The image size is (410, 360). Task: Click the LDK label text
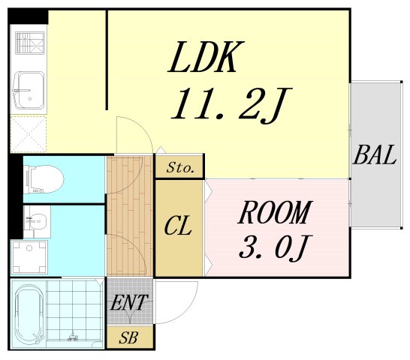tap(207, 57)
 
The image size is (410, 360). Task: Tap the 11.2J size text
tap(231, 105)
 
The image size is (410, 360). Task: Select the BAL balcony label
tap(375, 154)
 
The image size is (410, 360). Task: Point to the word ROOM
tap(275, 212)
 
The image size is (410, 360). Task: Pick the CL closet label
tap(178, 226)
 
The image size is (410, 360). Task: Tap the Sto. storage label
tap(181, 167)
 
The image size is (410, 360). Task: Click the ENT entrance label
tap(129, 302)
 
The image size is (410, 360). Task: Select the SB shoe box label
tap(128, 337)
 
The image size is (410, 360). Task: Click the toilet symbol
tap(44, 179)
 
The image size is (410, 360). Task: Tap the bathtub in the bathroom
tap(29, 314)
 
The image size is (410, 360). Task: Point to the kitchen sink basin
tap(29, 91)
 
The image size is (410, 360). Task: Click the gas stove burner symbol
tap(30, 43)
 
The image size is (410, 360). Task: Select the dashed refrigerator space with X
tap(29, 133)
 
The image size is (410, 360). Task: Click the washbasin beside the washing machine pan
tap(37, 221)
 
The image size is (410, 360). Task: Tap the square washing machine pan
tap(29, 257)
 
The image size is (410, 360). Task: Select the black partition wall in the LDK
tap(107, 60)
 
